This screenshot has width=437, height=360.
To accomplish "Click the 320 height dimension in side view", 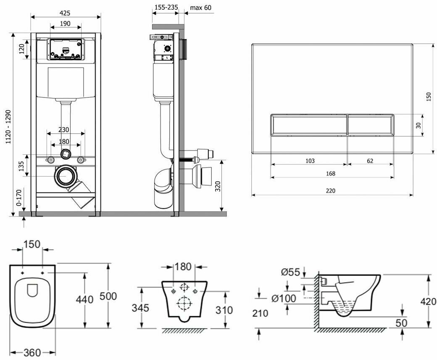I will point(218,186).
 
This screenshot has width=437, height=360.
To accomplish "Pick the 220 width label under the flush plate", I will point(331,191).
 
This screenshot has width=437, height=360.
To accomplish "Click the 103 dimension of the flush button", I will point(310,161).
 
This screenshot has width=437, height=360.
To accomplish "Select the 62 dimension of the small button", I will point(369,161).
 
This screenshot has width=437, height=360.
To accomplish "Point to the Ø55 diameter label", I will point(290,272).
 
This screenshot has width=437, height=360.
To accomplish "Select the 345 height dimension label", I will point(141,308).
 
